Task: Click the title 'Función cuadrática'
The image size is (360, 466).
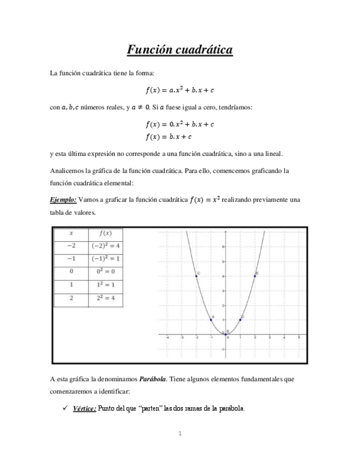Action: tap(180, 51)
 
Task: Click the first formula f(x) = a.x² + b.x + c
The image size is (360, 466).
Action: tap(180, 91)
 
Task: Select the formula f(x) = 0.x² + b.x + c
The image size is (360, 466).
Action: tap(180, 124)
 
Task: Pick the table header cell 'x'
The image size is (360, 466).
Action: tap(71, 233)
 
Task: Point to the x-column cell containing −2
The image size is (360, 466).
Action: tap(71, 246)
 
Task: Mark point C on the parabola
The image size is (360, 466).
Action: tap(196, 276)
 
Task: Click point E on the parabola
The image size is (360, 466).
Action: tap(255, 276)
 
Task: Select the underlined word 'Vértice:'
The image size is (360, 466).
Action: tap(84, 408)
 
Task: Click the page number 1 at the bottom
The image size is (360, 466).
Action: tap(180, 434)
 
